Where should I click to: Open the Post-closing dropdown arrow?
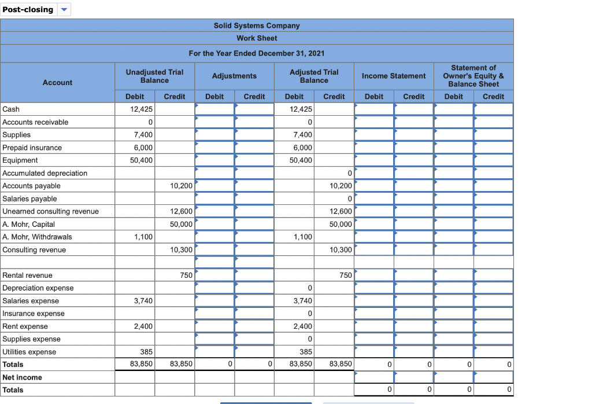[64, 9]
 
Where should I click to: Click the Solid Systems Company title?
[257, 25]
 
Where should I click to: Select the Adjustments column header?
[234, 76]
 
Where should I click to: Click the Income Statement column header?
[394, 76]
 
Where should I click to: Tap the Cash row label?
[11, 109]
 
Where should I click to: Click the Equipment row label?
[20, 160]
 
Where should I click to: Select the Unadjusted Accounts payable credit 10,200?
[181, 186]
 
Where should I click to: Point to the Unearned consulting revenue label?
[50, 211]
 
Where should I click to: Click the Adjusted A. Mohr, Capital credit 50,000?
[341, 224]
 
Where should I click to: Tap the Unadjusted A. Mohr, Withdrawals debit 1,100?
[143, 237]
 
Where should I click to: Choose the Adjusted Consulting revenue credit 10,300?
[341, 249]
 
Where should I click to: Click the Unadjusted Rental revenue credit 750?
[186, 275]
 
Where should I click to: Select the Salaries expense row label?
[31, 300]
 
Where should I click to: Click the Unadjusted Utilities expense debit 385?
[146, 351]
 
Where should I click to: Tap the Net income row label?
[22, 377]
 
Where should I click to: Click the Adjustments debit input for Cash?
[214, 109]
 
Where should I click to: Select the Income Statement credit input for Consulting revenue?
[414, 249]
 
